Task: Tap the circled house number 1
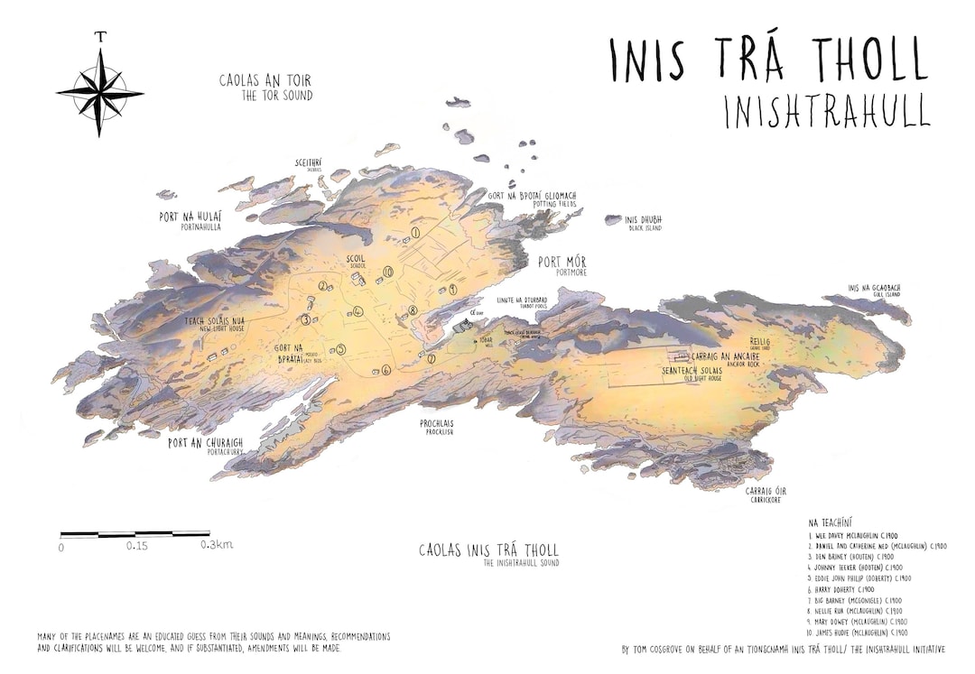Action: (415, 233)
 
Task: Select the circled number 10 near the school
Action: (388, 271)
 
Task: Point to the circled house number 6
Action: (385, 370)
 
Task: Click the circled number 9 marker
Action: (452, 289)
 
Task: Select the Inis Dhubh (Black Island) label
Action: (644, 221)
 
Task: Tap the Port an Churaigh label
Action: (206, 444)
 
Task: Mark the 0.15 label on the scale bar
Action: (137, 546)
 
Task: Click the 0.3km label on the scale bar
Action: (217, 545)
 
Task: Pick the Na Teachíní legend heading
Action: (832, 522)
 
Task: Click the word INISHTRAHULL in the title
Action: (826, 111)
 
